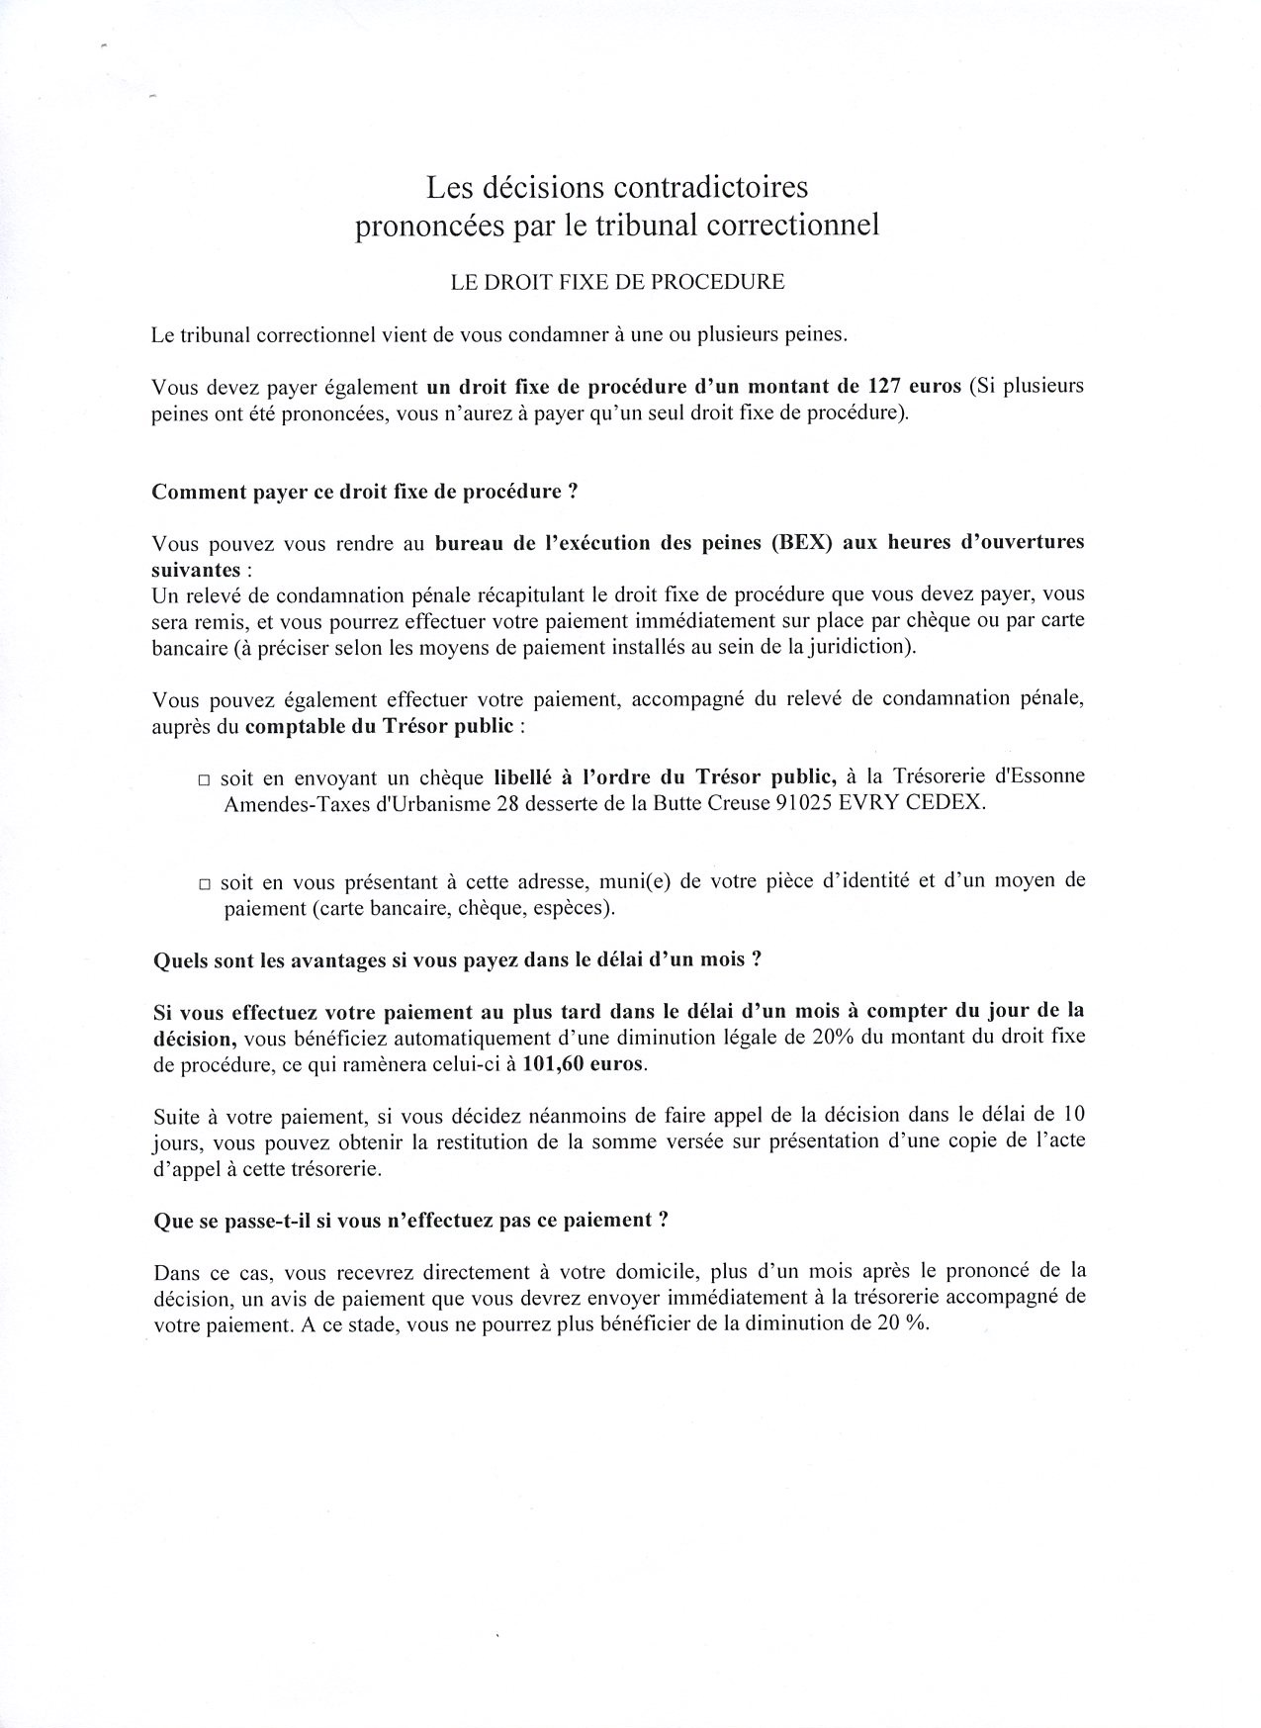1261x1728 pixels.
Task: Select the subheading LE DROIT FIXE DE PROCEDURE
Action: point(617,282)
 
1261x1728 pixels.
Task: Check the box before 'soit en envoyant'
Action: point(204,779)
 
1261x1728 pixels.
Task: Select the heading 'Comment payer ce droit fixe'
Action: point(364,492)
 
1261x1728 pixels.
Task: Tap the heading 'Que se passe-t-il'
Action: point(411,1220)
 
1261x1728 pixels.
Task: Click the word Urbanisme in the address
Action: point(446,803)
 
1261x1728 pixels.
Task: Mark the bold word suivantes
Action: point(196,570)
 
